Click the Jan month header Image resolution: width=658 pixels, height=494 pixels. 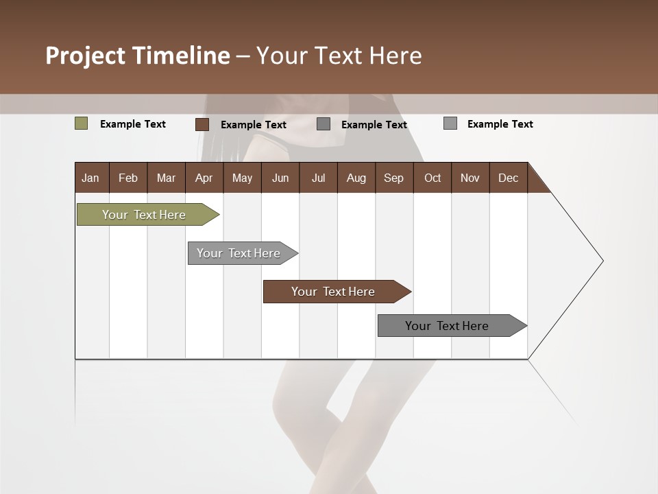click(90, 178)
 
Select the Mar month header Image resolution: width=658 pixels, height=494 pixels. click(166, 178)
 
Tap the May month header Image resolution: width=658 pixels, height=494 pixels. click(242, 178)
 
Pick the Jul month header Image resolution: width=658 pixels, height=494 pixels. click(318, 178)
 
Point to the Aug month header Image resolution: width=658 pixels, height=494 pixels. click(356, 178)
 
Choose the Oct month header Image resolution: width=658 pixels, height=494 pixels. click(432, 178)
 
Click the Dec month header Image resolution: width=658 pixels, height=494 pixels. click(508, 178)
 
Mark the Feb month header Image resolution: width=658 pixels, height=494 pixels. click(128, 178)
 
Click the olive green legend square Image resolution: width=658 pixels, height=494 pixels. click(82, 123)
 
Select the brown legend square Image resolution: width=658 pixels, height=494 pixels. click(202, 124)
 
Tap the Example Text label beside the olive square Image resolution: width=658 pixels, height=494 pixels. click(133, 124)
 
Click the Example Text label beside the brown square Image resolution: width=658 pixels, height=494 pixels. click(254, 125)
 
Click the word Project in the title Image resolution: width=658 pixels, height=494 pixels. click(86, 56)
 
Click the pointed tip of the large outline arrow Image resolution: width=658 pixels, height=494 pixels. click(602, 261)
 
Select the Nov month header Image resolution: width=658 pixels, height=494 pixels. click(470, 178)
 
